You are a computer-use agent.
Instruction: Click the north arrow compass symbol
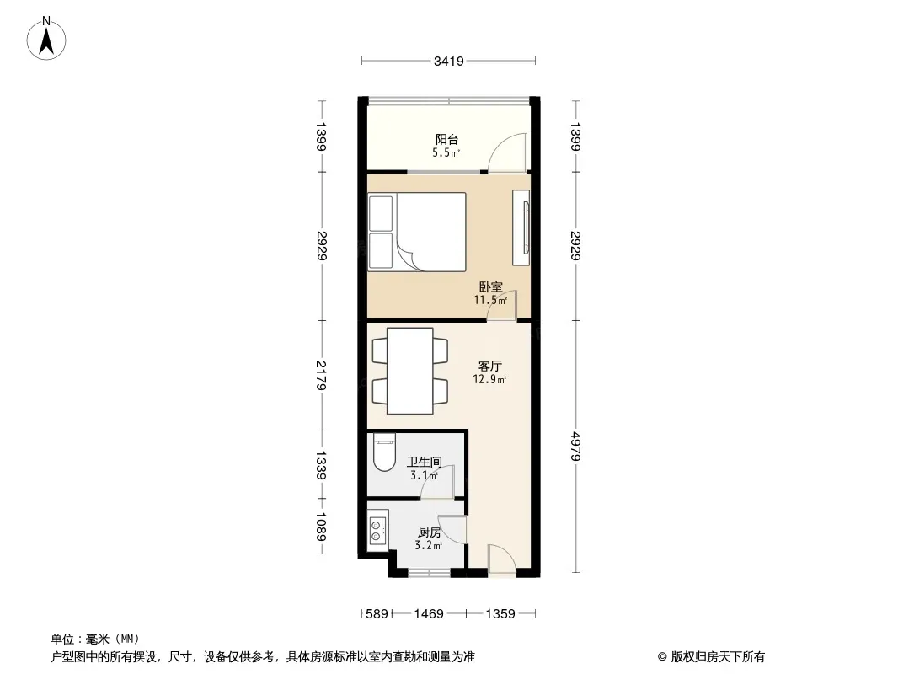coord(46,38)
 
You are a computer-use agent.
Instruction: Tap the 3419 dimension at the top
coord(448,61)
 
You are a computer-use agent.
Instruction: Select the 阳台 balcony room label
coord(446,139)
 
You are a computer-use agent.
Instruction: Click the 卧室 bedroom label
coord(491,286)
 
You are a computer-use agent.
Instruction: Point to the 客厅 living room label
coord(490,366)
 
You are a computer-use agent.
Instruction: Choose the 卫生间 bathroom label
coord(425,462)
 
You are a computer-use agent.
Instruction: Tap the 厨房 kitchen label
coord(429,532)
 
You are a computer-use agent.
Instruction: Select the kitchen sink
coord(377,530)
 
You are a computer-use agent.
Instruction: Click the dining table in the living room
coord(409,371)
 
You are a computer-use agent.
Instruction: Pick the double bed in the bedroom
coord(417,232)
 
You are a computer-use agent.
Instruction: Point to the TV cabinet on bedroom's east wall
coord(521,227)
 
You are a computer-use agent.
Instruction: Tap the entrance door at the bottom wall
coord(502,560)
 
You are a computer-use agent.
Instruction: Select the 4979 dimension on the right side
coord(575,446)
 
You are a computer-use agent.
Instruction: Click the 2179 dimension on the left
coord(321,375)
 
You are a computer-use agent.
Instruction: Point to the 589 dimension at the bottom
coord(377,614)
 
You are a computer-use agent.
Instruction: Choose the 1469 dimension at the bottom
coord(429,614)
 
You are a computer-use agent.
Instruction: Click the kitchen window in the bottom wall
coord(429,572)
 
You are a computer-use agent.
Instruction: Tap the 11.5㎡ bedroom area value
coord(490,300)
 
